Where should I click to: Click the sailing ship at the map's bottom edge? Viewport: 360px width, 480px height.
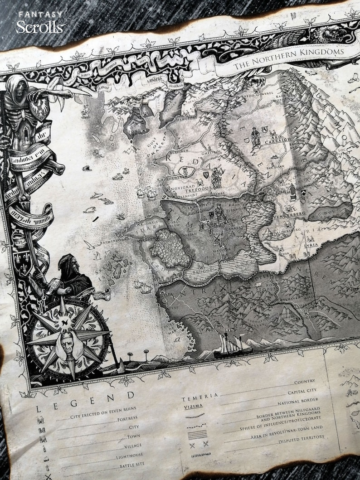232,345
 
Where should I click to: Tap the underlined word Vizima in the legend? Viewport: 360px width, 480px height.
194,407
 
